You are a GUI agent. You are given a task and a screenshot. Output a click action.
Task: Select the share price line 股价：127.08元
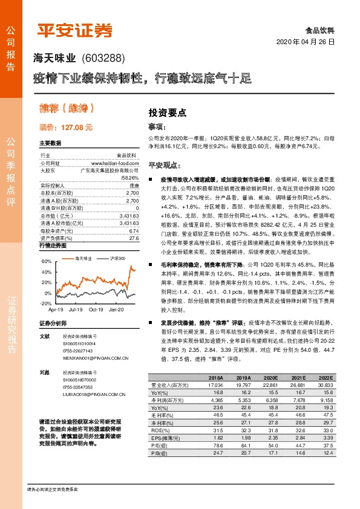(66, 128)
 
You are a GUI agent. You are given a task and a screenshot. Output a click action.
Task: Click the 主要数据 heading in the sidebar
(50, 144)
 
